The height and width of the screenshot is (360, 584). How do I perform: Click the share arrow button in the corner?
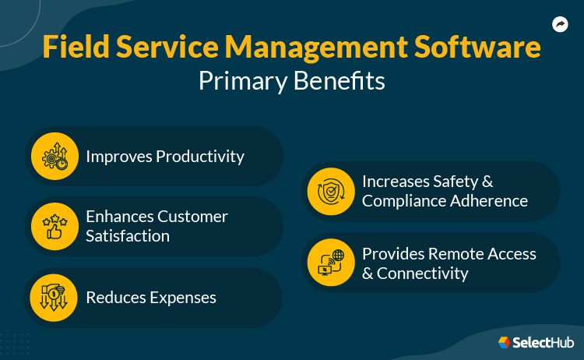click(x=560, y=25)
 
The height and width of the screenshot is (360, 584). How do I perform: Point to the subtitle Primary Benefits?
click(x=291, y=81)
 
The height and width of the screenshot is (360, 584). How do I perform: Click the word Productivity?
click(x=199, y=157)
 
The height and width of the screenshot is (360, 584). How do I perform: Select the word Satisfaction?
click(x=128, y=236)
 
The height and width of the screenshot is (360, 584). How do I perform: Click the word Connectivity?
click(x=423, y=274)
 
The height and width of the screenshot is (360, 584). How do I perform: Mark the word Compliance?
click(x=406, y=201)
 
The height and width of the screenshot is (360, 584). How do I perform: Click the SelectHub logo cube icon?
click(x=504, y=342)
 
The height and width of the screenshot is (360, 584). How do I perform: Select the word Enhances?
click(x=120, y=217)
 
